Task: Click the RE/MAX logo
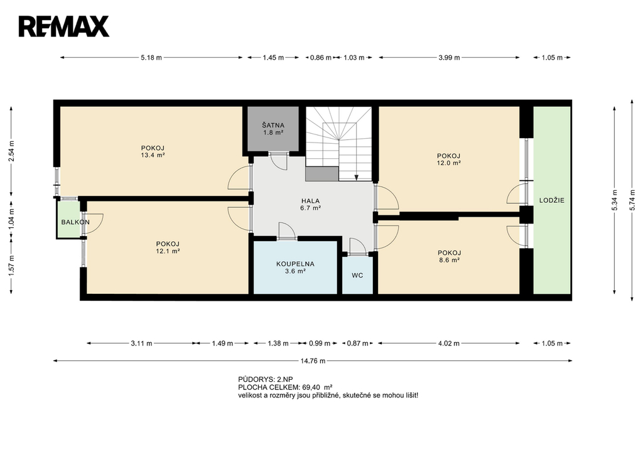tap(63, 26)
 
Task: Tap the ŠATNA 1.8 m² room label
tap(273, 129)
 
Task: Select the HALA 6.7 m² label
tap(310, 204)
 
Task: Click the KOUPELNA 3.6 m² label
tap(295, 268)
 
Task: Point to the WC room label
tap(357, 276)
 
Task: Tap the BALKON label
tap(75, 222)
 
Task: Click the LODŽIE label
tap(551, 200)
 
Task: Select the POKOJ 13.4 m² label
tap(153, 151)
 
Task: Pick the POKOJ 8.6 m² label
tap(449, 256)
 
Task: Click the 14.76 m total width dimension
tap(313, 361)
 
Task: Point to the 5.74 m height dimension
tap(632, 200)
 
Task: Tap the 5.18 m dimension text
tap(151, 58)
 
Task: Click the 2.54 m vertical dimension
tap(11, 151)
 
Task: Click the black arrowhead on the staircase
tap(357, 178)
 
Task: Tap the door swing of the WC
tap(358, 247)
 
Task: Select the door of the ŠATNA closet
tap(280, 161)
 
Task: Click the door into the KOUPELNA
tap(286, 230)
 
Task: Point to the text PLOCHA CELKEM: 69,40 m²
tap(285, 387)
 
